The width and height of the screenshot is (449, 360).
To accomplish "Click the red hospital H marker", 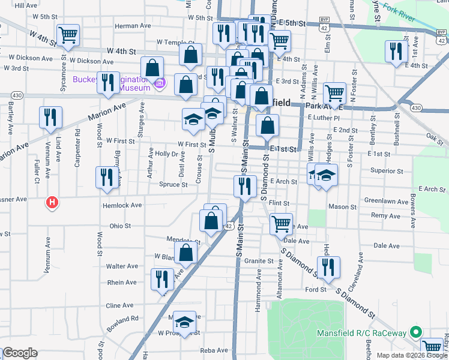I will coord(53,203).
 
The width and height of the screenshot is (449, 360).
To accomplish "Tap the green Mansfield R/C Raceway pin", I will coord(415,332).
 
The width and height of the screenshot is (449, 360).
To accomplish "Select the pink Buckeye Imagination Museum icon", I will coord(159,83).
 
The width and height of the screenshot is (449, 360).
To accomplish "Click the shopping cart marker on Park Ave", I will coord(334,94).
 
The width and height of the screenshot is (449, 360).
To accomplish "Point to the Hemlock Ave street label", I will coord(122,205).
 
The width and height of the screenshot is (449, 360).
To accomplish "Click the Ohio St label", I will coord(120,226).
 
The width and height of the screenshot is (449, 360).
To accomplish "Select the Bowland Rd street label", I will coord(122,319).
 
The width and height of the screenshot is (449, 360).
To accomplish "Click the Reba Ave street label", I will coord(213,350).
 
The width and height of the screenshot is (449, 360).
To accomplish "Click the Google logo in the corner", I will coord(20,353).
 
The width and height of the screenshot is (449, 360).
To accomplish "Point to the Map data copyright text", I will coord(412,355).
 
